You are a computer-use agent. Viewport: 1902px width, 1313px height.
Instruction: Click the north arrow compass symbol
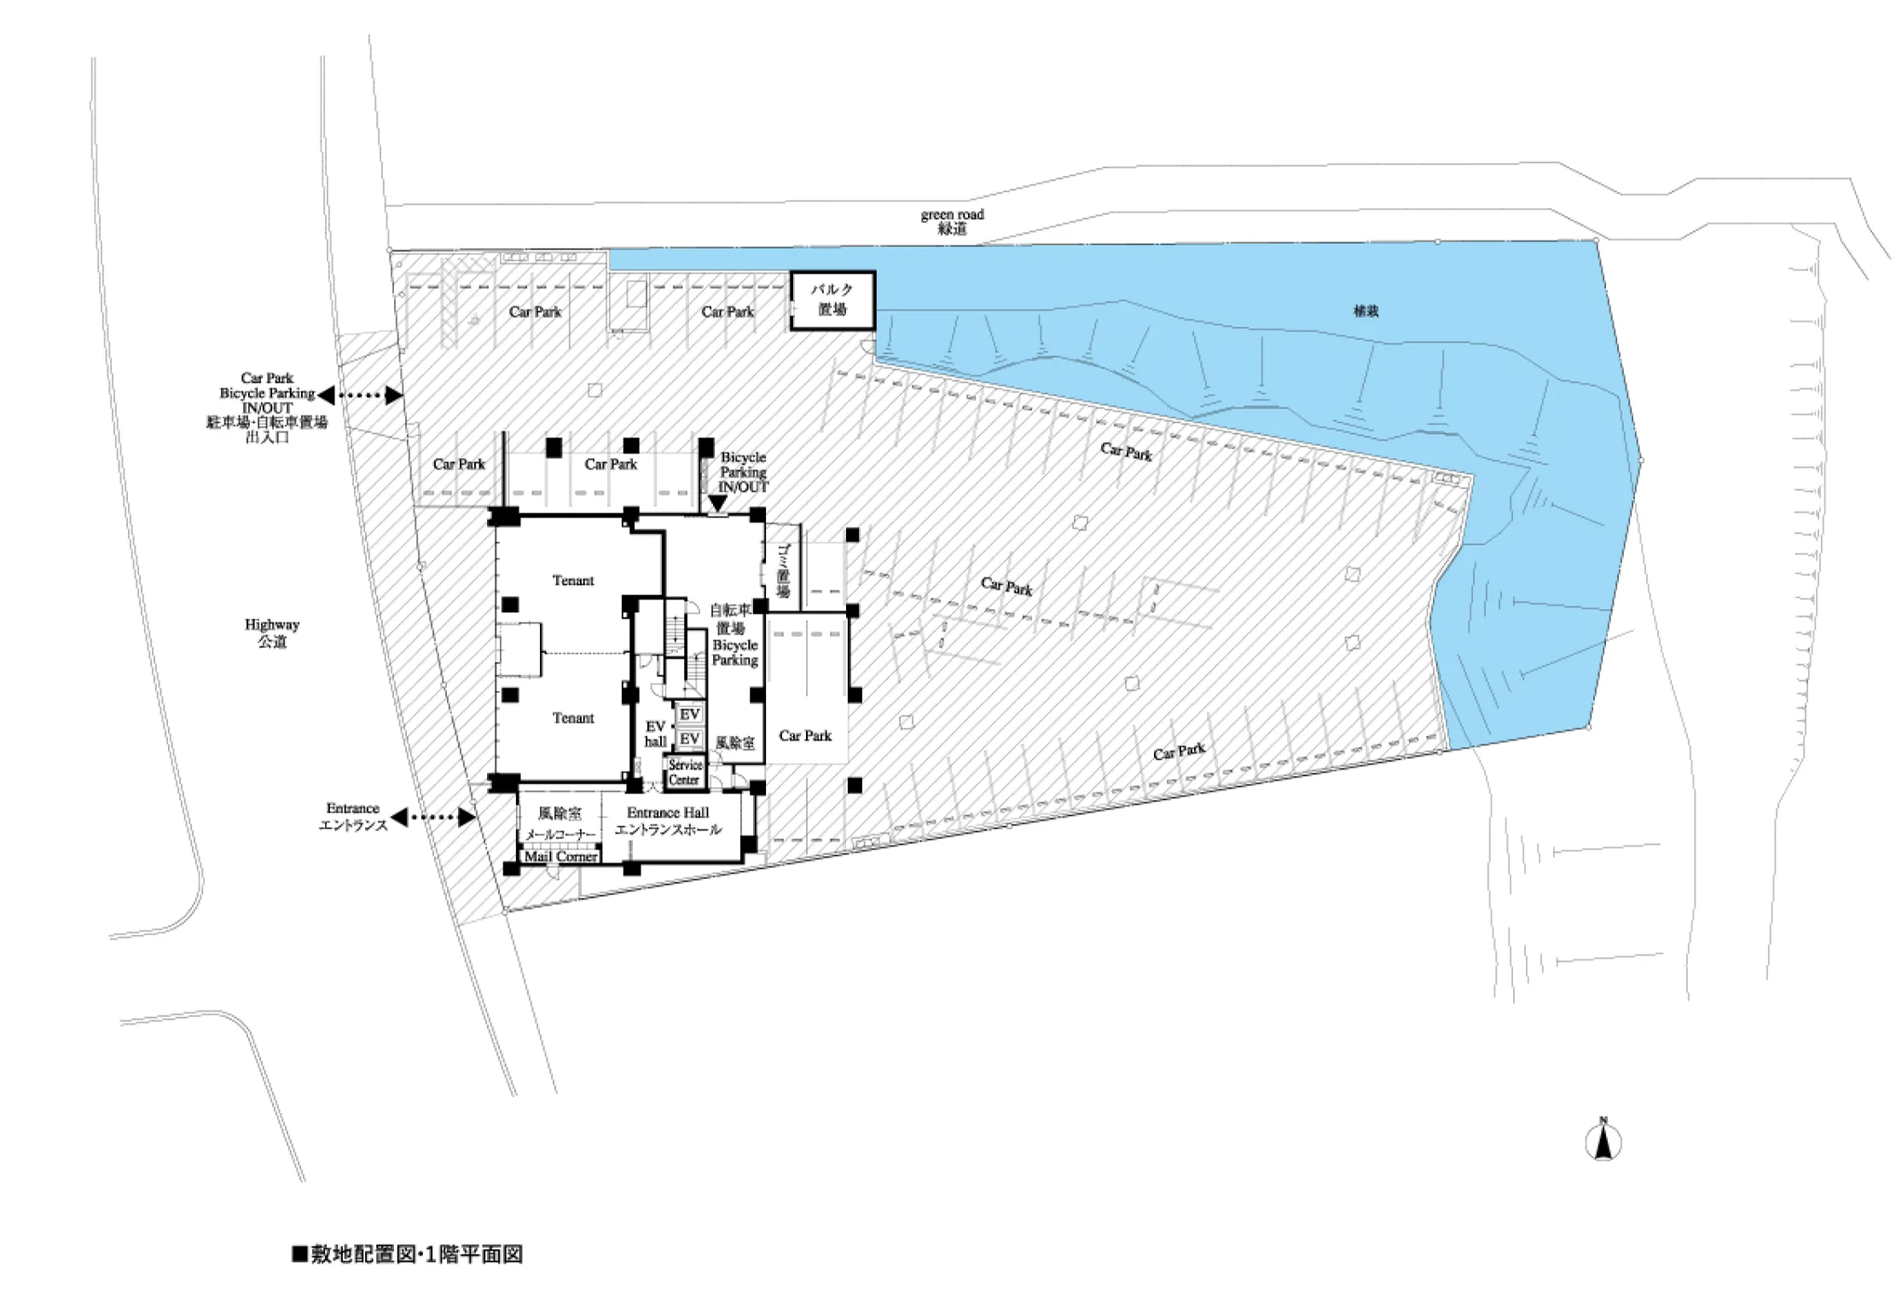1603,1142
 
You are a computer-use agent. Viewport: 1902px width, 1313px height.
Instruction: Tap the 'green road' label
952,215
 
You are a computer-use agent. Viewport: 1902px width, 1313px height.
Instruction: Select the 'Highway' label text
272,625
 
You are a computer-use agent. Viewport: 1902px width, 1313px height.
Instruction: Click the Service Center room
685,772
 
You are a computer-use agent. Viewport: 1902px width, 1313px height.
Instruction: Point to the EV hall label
655,734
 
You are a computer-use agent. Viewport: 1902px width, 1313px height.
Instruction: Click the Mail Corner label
560,856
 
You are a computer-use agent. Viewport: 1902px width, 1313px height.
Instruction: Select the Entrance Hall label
668,813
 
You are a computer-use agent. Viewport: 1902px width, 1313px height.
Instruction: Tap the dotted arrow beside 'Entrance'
432,817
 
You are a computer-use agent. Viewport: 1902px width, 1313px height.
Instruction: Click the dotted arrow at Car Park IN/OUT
359,395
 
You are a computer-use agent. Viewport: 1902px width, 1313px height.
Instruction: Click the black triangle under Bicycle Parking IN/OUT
718,504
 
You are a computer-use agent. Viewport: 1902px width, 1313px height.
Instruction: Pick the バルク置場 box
832,300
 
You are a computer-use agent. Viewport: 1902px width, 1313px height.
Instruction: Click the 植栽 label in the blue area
1366,311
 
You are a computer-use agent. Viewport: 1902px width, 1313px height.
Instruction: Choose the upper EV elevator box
689,714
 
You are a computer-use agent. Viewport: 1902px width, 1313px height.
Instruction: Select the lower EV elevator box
689,739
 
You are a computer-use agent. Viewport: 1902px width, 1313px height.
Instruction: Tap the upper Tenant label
573,581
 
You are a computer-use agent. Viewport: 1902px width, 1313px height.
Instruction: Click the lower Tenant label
573,718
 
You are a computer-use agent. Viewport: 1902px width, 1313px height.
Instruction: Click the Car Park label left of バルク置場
728,312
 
